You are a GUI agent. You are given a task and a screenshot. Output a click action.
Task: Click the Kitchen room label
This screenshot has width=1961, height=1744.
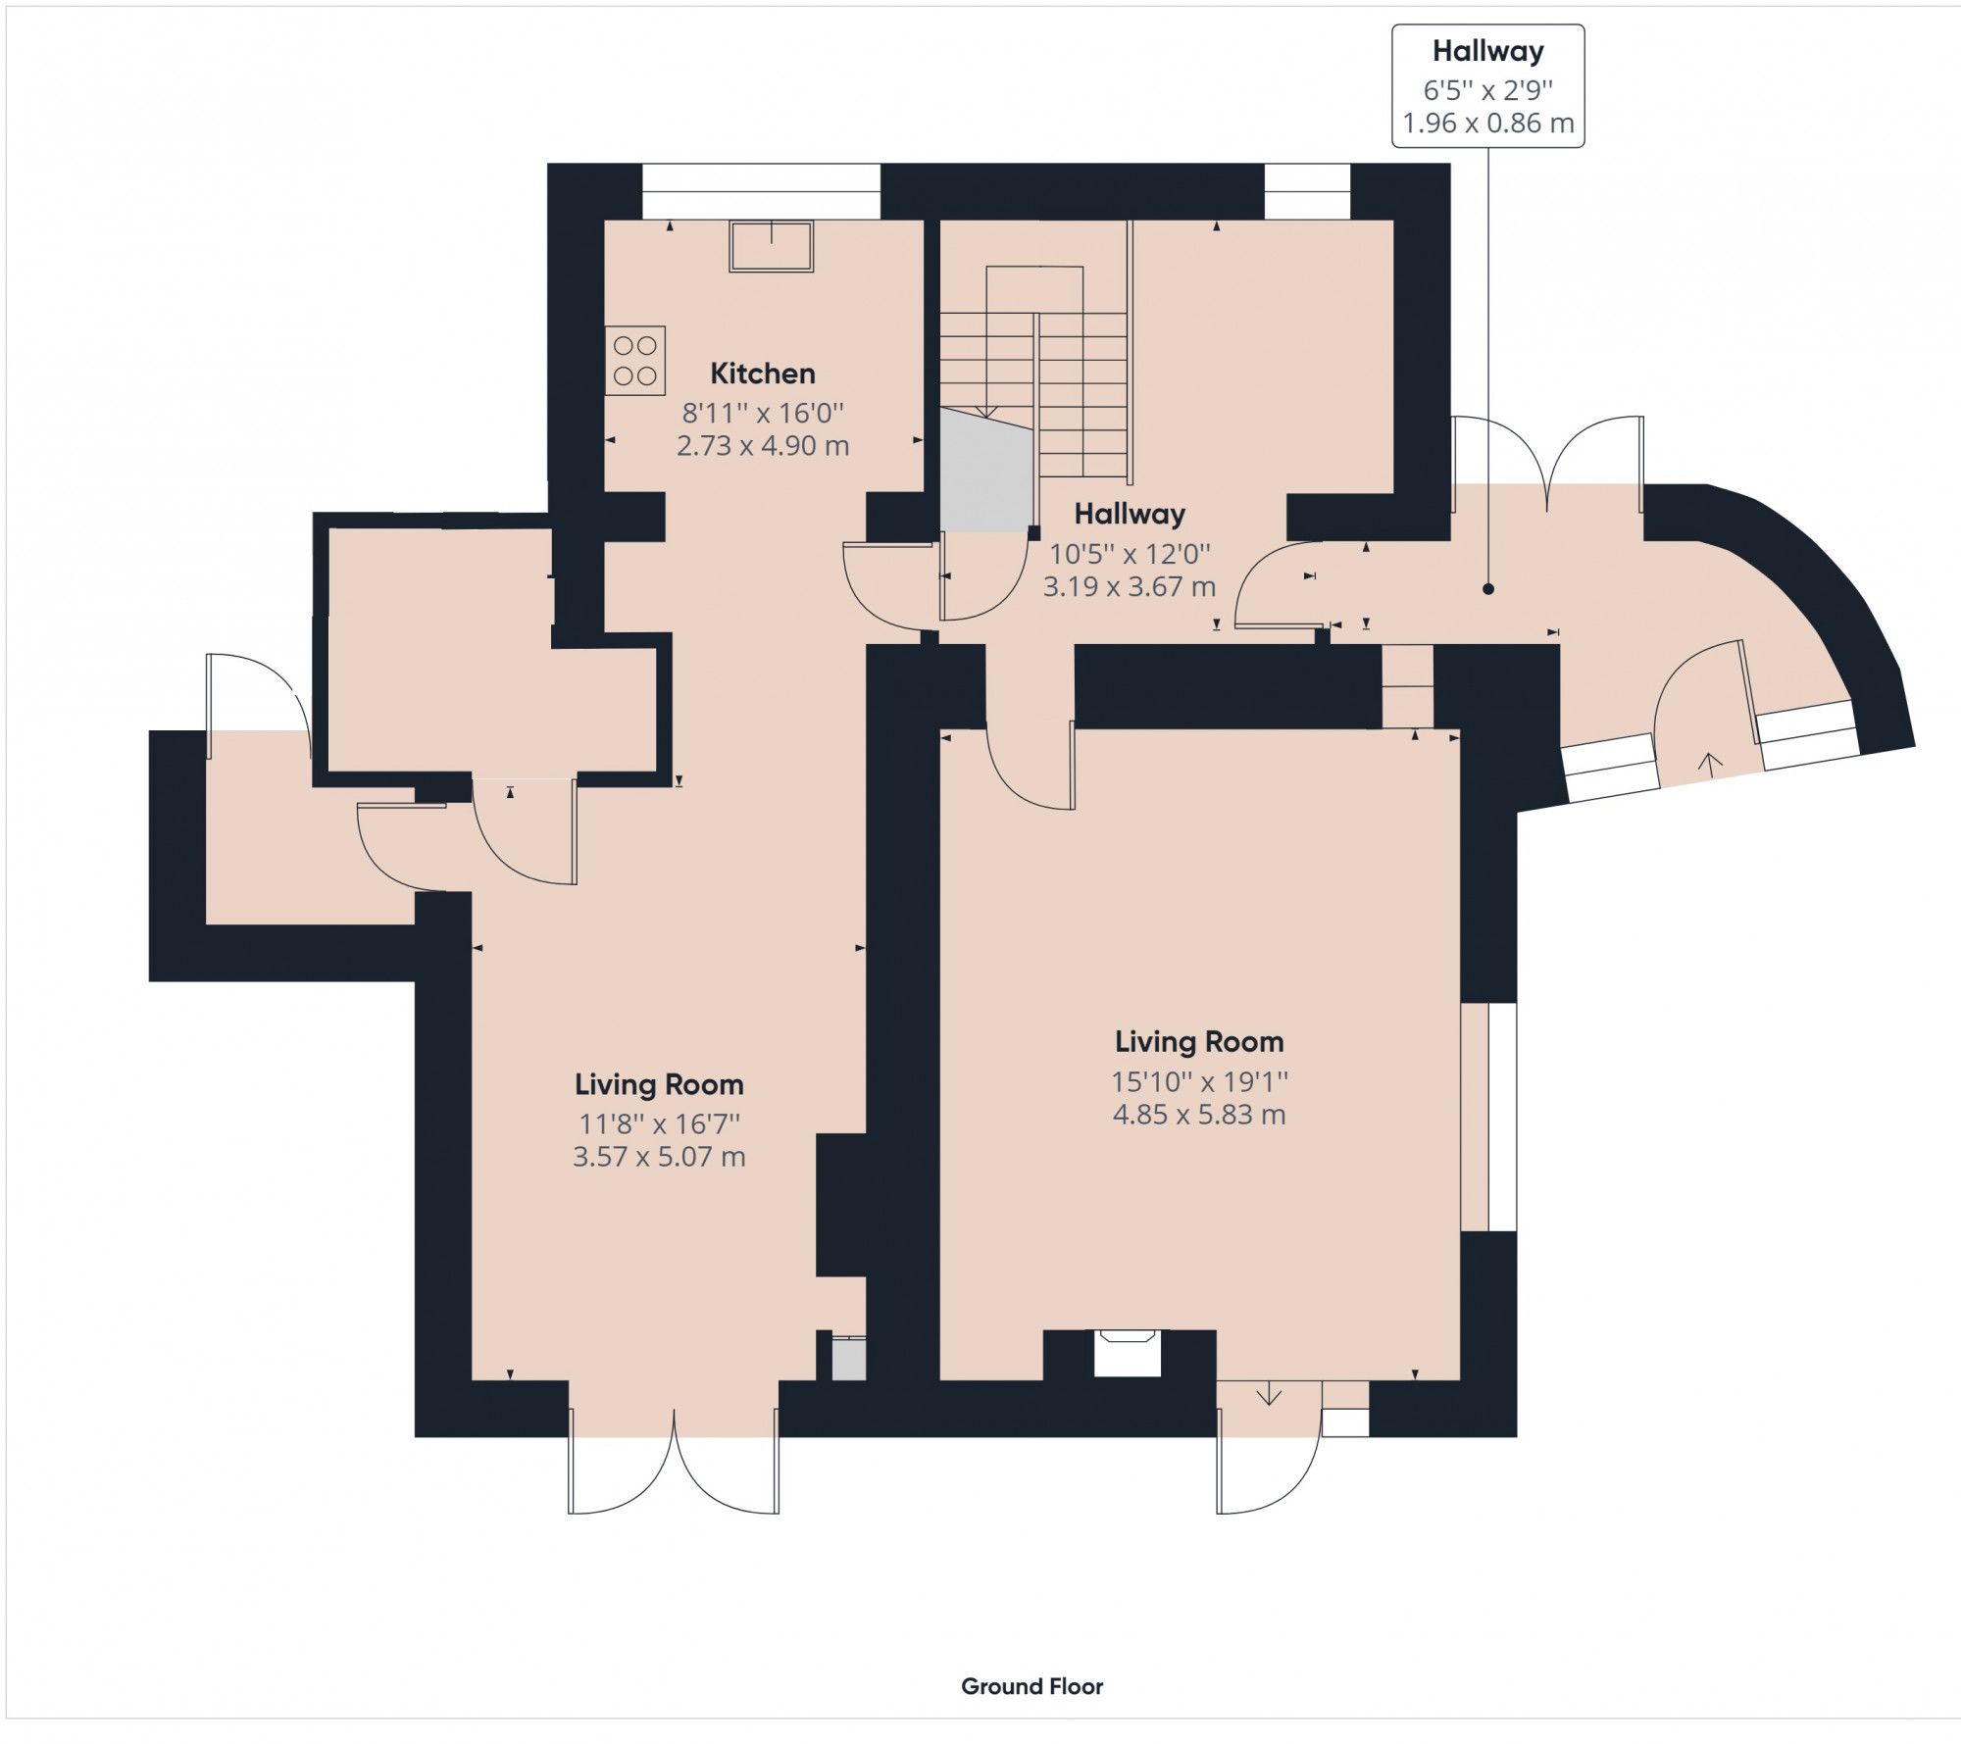point(762,374)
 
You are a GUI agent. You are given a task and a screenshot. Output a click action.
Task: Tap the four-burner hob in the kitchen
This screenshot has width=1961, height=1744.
point(634,361)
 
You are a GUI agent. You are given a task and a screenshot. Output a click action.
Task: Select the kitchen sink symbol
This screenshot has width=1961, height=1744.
point(771,245)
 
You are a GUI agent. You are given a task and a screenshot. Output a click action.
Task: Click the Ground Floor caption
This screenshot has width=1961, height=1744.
point(1031,1686)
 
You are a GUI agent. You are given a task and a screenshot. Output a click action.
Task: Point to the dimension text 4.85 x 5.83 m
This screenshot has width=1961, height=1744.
point(1198,1115)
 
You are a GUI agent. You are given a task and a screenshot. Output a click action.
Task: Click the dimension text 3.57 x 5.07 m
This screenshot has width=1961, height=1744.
point(659,1157)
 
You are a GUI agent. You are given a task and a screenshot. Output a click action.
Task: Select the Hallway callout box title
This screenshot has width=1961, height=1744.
point(1487,51)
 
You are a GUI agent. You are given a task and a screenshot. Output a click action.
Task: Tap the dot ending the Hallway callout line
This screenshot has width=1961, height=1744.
point(1487,589)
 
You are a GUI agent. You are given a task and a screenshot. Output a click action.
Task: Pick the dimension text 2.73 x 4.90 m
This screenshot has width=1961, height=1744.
point(762,446)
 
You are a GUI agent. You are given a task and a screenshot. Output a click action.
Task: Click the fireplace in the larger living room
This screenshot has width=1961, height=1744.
point(1128,1352)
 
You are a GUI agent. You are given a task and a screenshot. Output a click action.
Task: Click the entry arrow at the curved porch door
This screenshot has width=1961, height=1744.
point(1710,760)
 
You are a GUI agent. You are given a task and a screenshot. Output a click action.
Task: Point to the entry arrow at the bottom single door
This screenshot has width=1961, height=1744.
point(1269,1394)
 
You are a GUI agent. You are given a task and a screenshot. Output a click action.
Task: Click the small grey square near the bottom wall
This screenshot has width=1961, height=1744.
point(848,1362)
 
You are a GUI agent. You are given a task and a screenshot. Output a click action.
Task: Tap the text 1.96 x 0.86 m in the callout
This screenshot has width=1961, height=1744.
point(1487,124)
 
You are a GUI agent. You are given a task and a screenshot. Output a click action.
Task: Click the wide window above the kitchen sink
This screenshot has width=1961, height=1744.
point(761,191)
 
